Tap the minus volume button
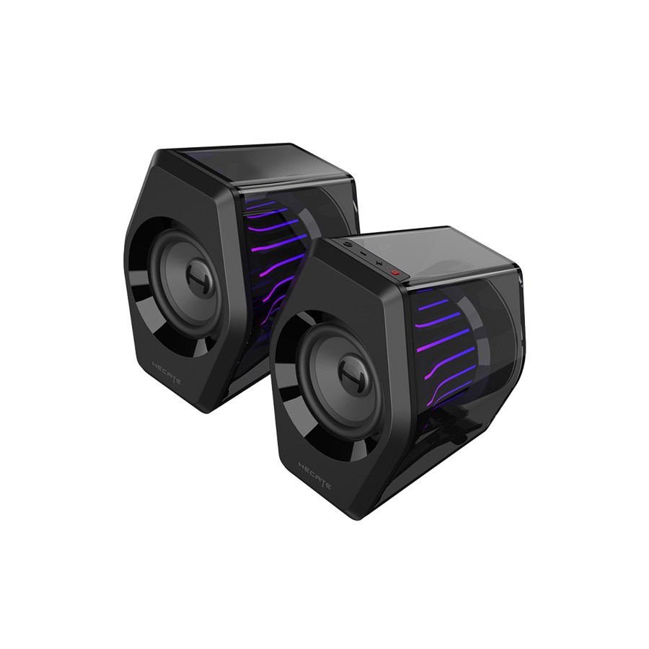click(362, 253)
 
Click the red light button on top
click(395, 273)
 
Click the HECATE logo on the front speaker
click(314, 476)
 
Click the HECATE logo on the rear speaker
click(167, 374)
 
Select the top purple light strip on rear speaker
click(261, 205)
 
